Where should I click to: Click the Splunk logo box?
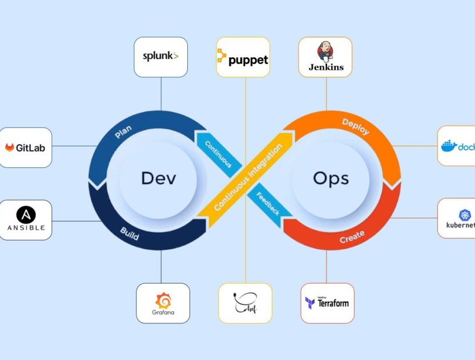pos(161,57)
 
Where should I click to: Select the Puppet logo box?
pos(243,57)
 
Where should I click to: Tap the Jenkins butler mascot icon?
pos(326,50)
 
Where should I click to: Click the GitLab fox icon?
pos(10,147)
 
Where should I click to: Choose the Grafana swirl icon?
pos(163,300)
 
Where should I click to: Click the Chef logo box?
pos(245,303)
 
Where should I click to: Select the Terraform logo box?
pos(327,303)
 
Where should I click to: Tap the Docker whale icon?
pos(449,146)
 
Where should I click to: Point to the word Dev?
pos(158,178)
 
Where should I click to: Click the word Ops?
pos(331,178)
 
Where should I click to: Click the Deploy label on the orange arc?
pos(355,127)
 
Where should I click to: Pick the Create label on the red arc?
pos(352,237)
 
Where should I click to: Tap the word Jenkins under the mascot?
pos(326,67)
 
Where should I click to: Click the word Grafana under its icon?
pos(163,313)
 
